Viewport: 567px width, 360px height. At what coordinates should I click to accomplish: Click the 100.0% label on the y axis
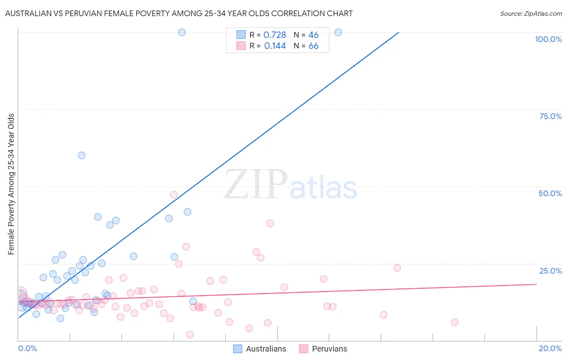click(x=548, y=39)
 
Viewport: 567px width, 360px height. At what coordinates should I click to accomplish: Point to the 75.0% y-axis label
click(x=550, y=116)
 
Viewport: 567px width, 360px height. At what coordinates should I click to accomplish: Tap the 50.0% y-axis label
click(x=550, y=193)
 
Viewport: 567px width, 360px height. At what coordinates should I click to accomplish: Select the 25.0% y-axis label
click(x=550, y=271)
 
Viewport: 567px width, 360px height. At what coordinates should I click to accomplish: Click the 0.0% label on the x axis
click(x=27, y=348)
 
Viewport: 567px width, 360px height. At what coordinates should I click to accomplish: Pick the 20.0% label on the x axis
click(x=550, y=348)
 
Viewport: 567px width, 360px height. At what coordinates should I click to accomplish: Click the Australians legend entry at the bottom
click(x=266, y=349)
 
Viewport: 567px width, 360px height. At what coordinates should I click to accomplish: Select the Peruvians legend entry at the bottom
click(x=329, y=349)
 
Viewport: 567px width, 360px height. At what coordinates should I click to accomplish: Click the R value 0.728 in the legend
click(x=275, y=35)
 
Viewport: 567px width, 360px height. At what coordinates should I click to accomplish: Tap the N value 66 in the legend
click(x=313, y=46)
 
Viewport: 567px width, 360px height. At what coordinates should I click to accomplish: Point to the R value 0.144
click(x=275, y=46)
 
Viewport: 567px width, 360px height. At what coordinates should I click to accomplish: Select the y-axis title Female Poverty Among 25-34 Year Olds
click(x=11, y=184)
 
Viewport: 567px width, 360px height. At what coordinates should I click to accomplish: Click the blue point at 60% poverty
click(x=81, y=155)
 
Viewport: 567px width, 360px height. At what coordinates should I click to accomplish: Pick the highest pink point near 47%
click(x=174, y=195)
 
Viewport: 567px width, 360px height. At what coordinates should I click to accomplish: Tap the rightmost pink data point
click(x=454, y=322)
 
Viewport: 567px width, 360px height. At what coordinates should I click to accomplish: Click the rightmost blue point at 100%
click(x=338, y=32)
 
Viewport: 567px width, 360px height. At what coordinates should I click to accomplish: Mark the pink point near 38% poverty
click(x=270, y=224)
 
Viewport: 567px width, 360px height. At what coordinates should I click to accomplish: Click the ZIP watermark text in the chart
click(x=255, y=184)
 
